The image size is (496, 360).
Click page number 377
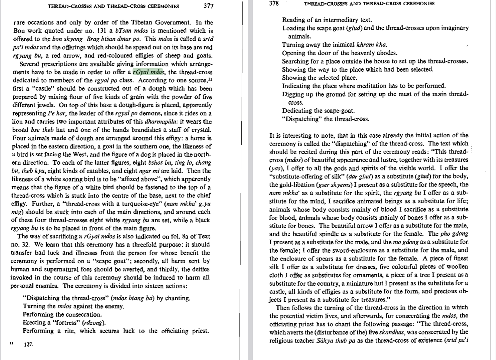[208, 6]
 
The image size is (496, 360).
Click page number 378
[274, 4]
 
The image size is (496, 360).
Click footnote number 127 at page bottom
[29, 345]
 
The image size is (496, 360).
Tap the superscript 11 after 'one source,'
[210, 79]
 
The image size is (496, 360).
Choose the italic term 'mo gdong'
[405, 242]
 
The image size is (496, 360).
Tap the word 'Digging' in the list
[293, 94]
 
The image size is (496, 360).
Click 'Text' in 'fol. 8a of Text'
[204, 236]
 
